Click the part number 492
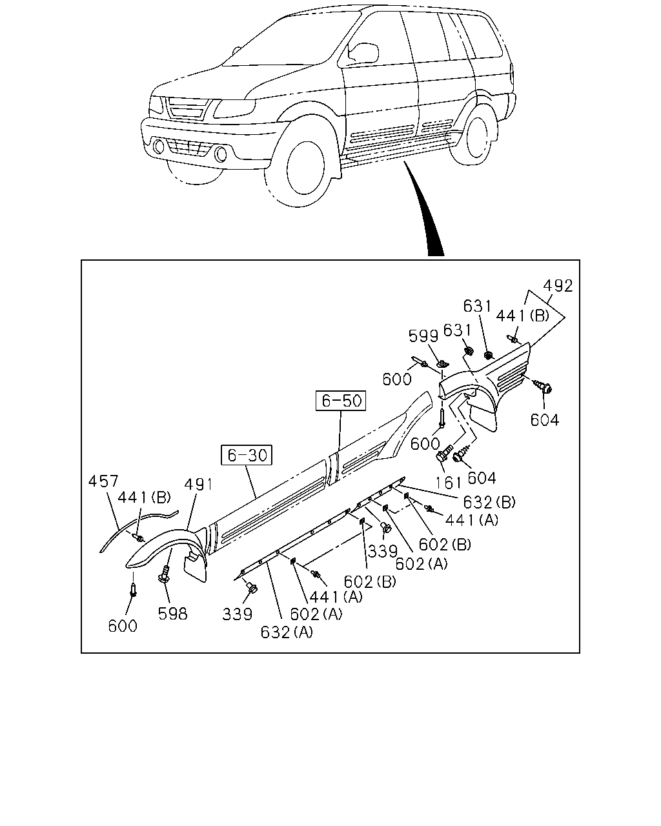[558, 286]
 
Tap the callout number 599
[423, 336]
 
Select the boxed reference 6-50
[341, 401]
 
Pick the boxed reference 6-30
[247, 455]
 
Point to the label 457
[103, 481]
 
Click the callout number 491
[198, 485]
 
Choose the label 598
[173, 614]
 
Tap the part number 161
[449, 483]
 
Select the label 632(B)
[489, 502]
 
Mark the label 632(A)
[287, 632]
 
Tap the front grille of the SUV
[187, 108]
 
